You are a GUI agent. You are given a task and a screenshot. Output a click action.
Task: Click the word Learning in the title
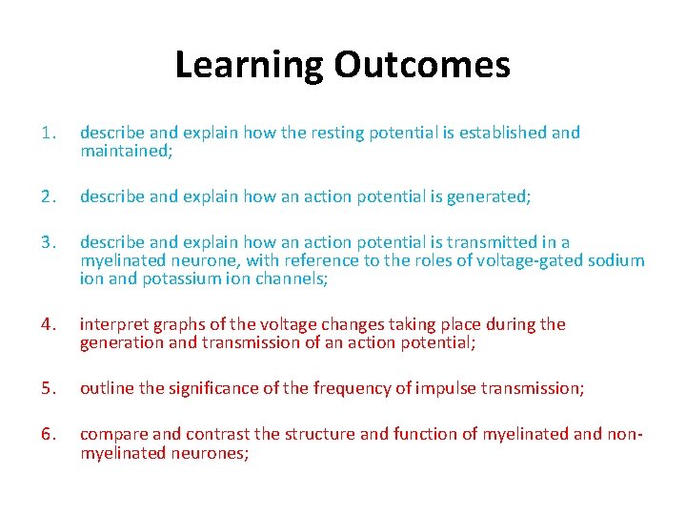click(x=250, y=65)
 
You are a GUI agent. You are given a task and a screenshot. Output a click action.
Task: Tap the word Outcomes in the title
click(x=422, y=65)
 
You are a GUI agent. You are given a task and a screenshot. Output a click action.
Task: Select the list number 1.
click(x=49, y=134)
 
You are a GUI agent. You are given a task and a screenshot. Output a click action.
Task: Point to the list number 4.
click(x=50, y=325)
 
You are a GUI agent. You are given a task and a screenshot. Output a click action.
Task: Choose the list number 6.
click(x=50, y=435)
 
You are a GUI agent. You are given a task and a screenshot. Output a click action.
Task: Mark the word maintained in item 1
click(x=121, y=152)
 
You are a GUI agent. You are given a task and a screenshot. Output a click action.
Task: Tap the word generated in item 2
click(x=489, y=196)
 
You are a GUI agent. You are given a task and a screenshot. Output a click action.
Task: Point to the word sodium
click(x=615, y=260)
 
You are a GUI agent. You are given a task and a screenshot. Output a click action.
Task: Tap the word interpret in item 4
click(x=111, y=325)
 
